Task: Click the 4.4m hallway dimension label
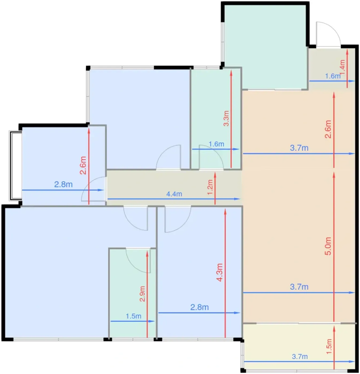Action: click(x=174, y=194)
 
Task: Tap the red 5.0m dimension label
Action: click(x=328, y=246)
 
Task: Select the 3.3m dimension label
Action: click(x=226, y=118)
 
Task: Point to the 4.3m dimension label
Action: click(x=220, y=272)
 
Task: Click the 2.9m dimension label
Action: click(x=142, y=294)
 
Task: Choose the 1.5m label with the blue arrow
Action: click(x=133, y=316)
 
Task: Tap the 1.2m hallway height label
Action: click(x=210, y=187)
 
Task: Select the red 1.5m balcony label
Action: click(x=329, y=346)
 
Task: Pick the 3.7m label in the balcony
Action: click(x=300, y=357)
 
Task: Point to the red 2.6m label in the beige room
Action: click(x=328, y=129)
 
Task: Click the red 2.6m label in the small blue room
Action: click(x=83, y=165)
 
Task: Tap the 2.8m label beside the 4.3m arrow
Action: click(x=200, y=307)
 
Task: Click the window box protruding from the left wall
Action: click(x=16, y=166)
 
